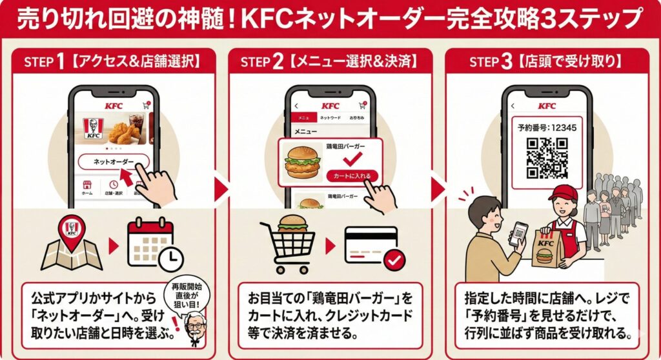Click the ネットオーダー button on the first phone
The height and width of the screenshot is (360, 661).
point(114,161)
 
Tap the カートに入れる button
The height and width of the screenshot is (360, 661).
point(352,175)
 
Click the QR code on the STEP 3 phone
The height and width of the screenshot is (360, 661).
point(546,158)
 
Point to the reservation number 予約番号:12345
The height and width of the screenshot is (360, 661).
point(547,127)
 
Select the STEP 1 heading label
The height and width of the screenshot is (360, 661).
point(114,62)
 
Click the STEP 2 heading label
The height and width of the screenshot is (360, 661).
point(329,62)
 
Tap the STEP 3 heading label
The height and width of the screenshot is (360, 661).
point(546,62)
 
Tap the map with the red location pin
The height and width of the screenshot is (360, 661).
point(71,245)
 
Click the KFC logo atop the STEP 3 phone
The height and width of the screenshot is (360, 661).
point(546,105)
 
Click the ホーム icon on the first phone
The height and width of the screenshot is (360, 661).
point(86,188)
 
